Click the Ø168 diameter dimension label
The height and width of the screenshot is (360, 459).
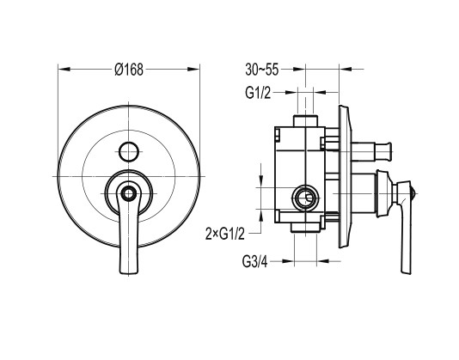tap(129, 70)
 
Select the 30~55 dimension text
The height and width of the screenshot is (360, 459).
tap(261, 70)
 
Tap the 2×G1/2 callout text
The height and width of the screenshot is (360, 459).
tap(225, 235)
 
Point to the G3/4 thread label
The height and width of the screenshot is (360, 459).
tap(254, 261)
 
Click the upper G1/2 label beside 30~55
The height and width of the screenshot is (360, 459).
tap(258, 93)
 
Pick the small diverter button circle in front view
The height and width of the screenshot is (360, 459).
tap(129, 151)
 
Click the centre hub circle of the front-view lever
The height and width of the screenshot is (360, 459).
tap(128, 193)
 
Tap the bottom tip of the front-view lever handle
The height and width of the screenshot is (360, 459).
tap(128, 272)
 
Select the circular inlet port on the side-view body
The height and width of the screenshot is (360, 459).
tap(306, 198)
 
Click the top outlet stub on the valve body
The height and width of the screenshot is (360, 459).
tap(305, 121)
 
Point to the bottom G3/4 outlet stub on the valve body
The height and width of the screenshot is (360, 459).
tap(305, 228)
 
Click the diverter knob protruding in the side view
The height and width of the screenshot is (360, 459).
tap(371, 151)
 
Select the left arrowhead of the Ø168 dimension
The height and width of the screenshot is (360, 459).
tap(64, 70)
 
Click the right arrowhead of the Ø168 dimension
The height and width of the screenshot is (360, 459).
tap(193, 70)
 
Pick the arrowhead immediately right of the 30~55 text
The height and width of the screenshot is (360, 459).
tap(299, 70)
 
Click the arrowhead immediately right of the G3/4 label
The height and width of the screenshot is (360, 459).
tap(288, 261)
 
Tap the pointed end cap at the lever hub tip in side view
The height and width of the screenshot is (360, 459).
tap(413, 193)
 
